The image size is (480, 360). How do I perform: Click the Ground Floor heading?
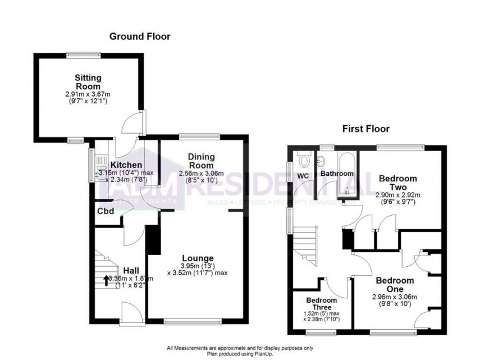pyautogui.click(x=139, y=37)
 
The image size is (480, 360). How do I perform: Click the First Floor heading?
pyautogui.click(x=366, y=129)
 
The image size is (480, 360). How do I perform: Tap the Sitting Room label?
pyautogui.click(x=88, y=82)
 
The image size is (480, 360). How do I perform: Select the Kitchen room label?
pyautogui.click(x=125, y=165)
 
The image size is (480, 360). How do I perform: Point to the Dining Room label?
pyautogui.click(x=200, y=161)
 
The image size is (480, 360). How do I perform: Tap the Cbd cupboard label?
pyautogui.click(x=106, y=211)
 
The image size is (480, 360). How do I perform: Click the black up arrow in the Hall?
pyautogui.click(x=106, y=279)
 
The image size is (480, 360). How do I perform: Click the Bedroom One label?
pyautogui.click(x=395, y=284)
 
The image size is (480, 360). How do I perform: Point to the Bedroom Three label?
pyautogui.click(x=322, y=304)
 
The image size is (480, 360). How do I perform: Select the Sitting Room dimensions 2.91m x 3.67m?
pyautogui.click(x=88, y=95)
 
